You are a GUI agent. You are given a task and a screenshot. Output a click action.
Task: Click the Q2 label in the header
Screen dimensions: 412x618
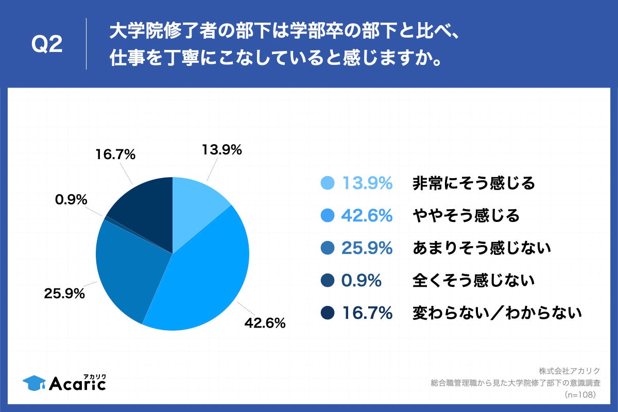[x=47, y=45]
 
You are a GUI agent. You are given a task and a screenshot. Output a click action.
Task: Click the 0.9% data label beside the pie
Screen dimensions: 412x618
[x=71, y=199]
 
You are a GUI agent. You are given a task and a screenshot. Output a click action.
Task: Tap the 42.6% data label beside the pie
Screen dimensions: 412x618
[x=265, y=323]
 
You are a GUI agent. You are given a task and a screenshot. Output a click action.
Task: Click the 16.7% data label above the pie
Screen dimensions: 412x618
[x=115, y=154]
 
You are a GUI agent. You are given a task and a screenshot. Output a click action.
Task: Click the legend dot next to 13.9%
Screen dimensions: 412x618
[x=327, y=183]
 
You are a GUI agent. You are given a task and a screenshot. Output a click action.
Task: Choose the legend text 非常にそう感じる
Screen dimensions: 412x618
[x=474, y=183]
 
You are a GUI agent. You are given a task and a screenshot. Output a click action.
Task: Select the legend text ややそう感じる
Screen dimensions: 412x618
[x=466, y=215]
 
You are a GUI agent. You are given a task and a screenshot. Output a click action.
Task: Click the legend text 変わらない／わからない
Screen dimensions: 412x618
[x=497, y=313]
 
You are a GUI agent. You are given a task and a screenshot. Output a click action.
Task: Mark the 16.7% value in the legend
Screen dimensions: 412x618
[x=367, y=313]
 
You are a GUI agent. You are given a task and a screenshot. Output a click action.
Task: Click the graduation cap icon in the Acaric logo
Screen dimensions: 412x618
[x=33, y=382]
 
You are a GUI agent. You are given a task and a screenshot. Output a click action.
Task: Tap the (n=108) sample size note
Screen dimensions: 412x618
[x=580, y=394]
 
